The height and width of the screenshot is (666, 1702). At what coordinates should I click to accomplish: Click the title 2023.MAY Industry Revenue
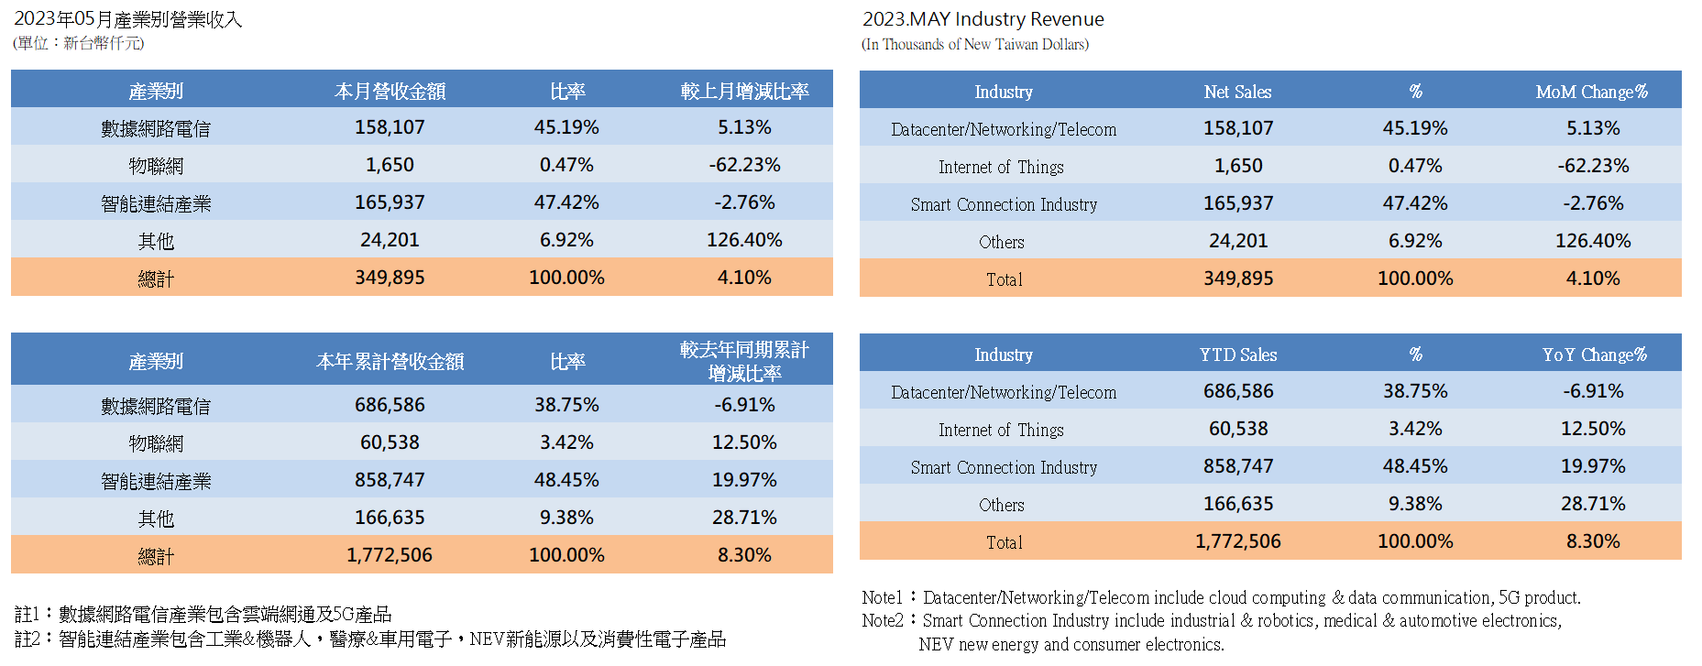983,19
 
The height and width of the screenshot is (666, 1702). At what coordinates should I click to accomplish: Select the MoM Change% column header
1592,92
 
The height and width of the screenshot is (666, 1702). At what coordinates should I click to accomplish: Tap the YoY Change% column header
1594,355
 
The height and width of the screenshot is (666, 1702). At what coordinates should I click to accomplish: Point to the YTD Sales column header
1237,355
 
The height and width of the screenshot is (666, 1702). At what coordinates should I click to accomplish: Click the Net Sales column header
1237,92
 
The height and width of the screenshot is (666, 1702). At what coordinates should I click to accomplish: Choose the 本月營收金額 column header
390,91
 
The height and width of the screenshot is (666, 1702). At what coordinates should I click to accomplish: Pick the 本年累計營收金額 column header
390,361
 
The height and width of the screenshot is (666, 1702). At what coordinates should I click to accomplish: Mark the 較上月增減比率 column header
744,91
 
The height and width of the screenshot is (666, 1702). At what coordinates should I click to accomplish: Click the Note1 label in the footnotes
882,597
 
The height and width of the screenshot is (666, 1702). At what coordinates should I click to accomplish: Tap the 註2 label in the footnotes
27,639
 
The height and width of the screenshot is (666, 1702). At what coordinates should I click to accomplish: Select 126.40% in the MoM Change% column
1593,241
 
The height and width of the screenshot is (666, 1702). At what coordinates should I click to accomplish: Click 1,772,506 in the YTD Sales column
1237,541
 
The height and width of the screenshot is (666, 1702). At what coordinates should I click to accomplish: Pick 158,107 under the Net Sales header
1237,128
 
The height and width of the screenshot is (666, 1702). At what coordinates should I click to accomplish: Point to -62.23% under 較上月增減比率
744,165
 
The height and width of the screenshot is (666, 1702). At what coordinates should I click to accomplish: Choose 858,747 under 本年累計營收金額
390,480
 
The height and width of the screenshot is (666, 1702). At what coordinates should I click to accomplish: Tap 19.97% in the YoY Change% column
1593,466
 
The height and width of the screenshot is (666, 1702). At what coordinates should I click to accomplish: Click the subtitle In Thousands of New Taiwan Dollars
975,44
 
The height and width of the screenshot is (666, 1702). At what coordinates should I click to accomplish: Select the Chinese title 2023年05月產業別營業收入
127,19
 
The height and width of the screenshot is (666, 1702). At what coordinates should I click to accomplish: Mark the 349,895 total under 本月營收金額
390,278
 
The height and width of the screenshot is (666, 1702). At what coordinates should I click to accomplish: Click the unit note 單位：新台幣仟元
78,43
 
